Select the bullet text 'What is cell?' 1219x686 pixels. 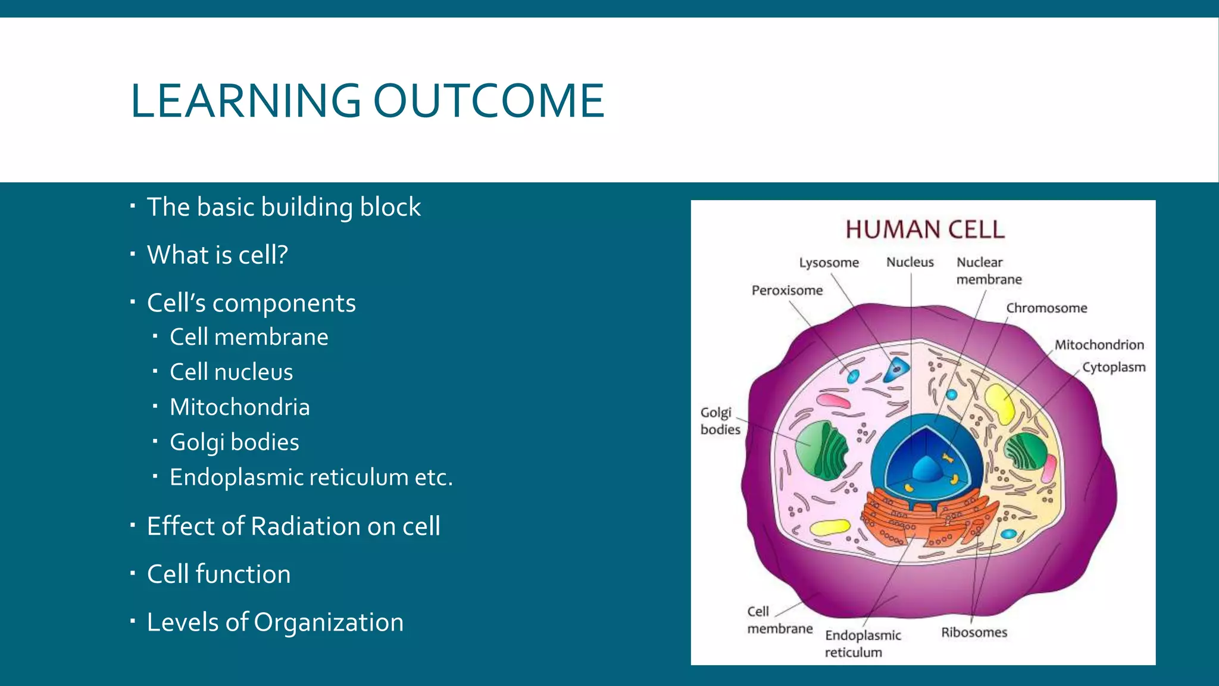click(217, 255)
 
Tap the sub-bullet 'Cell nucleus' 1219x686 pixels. click(231, 372)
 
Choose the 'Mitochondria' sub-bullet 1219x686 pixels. click(239, 407)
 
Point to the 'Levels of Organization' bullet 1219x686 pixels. click(275, 622)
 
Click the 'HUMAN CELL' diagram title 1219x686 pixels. click(924, 230)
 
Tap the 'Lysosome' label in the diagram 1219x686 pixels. click(829, 263)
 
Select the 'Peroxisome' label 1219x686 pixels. click(787, 291)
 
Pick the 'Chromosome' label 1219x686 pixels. click(1046, 308)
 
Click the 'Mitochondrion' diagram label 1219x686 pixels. click(1099, 345)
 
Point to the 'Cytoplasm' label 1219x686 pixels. click(1113, 367)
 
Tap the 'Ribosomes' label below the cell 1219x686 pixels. click(974, 632)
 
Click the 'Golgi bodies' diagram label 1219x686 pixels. click(720, 421)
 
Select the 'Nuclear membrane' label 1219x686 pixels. click(988, 271)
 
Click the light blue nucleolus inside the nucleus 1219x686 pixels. click(927, 469)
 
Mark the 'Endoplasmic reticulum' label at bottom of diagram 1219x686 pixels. click(862, 644)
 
